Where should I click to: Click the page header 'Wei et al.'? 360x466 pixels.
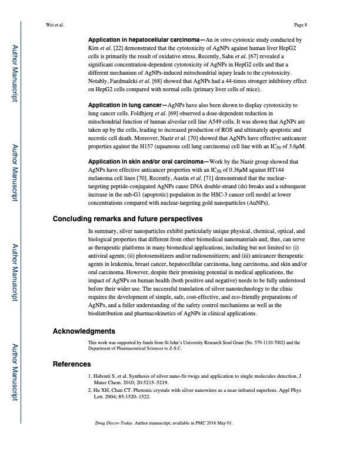click(x=55, y=25)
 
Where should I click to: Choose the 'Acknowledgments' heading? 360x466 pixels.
click(x=84, y=331)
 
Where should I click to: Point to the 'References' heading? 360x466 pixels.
click(x=72, y=364)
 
